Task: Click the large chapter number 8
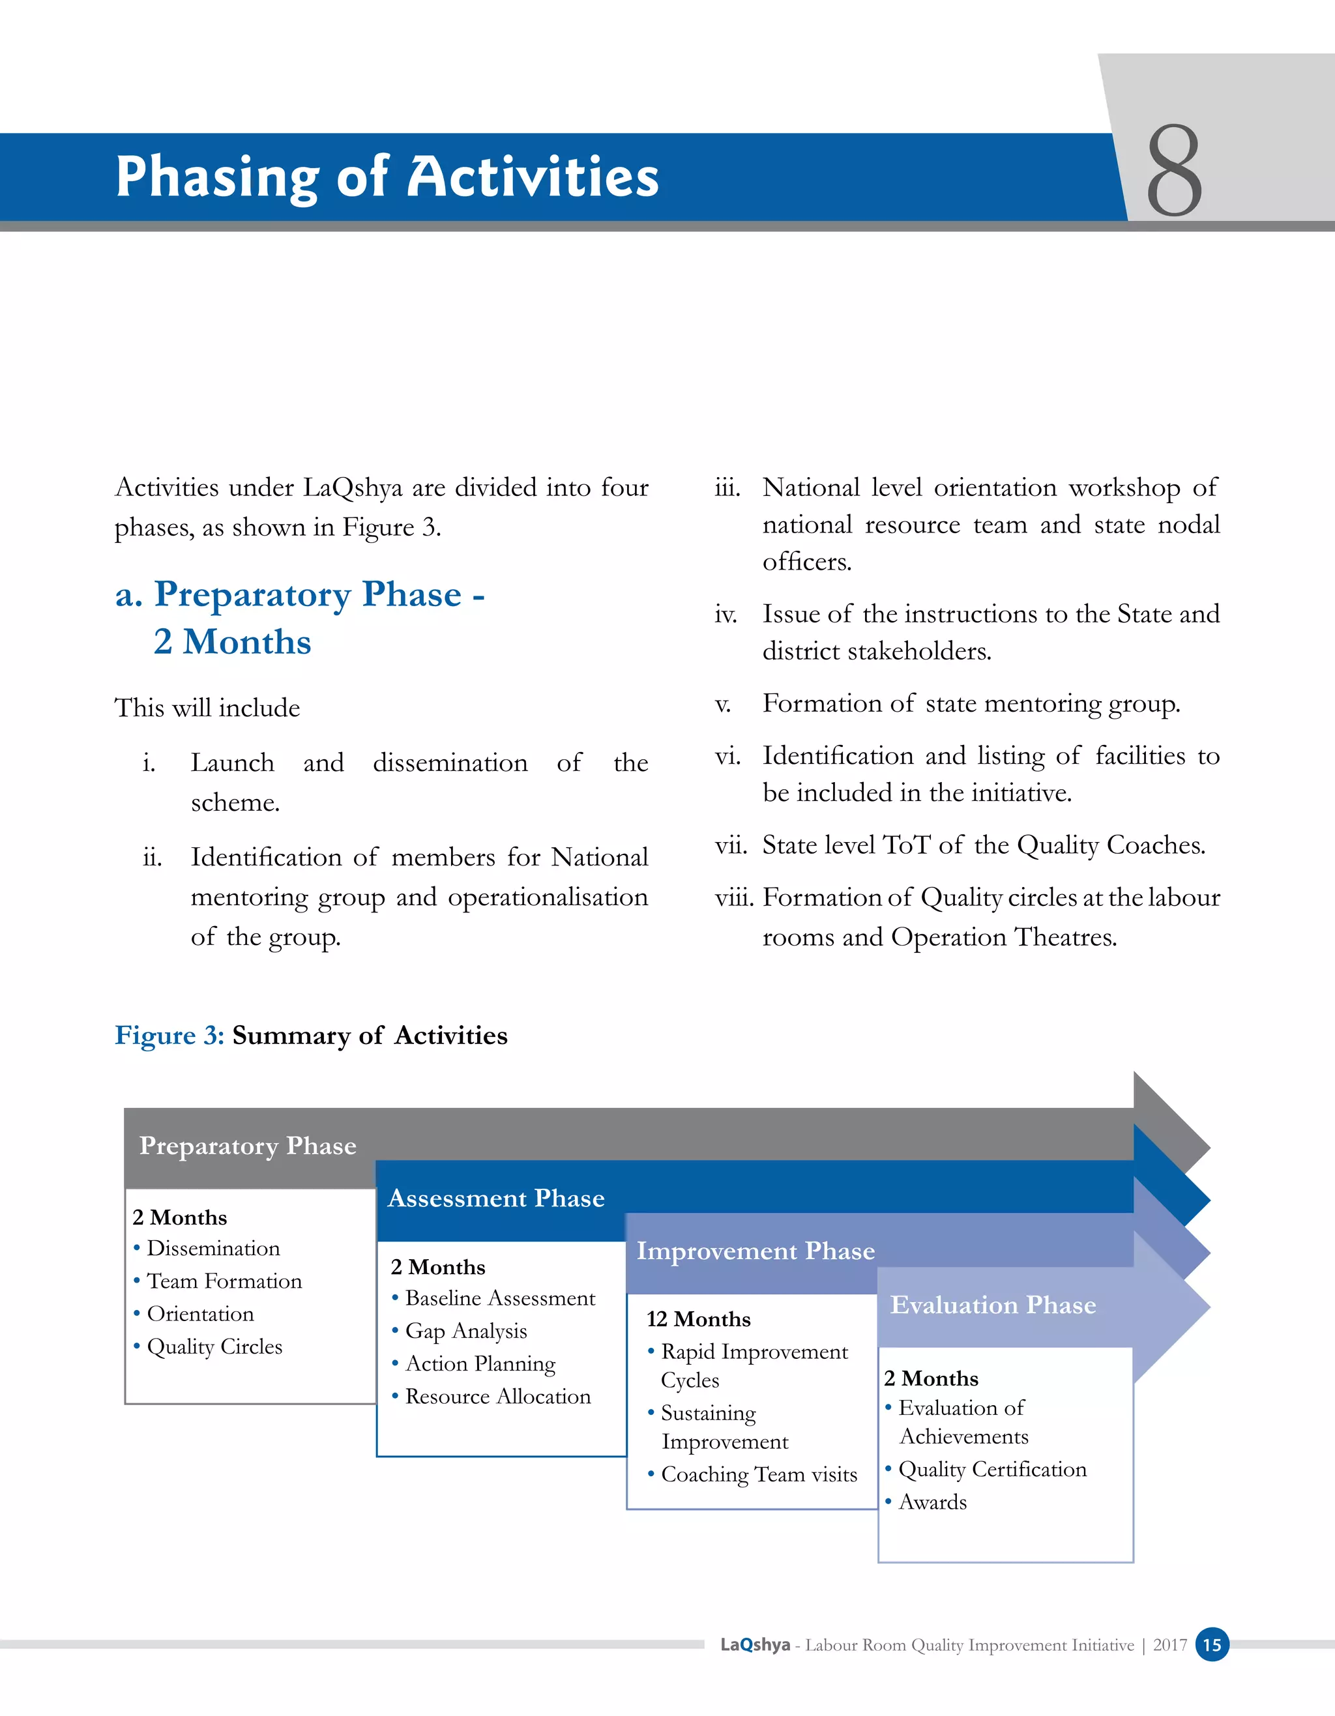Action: coord(1174,171)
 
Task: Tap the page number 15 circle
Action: coord(1212,1644)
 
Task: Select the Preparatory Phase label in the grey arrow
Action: coord(248,1146)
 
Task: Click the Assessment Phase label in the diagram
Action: coord(496,1199)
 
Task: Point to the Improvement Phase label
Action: coord(755,1251)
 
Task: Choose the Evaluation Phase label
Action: coord(992,1305)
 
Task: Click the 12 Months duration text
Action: coord(699,1319)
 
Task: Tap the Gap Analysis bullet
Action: coord(465,1331)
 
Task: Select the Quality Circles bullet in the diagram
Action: coord(214,1346)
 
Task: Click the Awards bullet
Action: coord(932,1502)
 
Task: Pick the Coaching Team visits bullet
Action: coord(758,1475)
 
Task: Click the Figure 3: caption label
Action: coord(169,1036)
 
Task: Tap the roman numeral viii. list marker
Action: coord(734,897)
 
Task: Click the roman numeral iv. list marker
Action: coord(726,614)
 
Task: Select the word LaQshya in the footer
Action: coord(755,1645)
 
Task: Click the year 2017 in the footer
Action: coord(1169,1645)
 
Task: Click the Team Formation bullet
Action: coord(224,1281)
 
